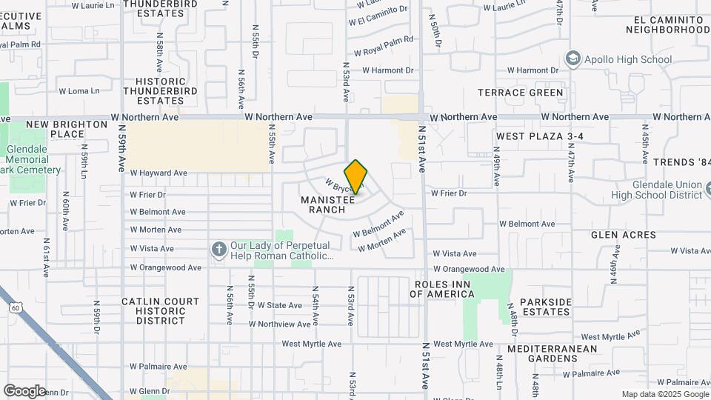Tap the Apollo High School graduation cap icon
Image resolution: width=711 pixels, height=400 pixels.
point(572,59)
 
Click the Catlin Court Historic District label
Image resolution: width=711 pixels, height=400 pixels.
point(161,311)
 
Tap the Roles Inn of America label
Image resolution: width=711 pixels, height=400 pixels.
point(444,289)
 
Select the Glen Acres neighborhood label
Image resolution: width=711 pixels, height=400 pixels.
point(624,235)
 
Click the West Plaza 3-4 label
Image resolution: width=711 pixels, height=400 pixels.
point(540,136)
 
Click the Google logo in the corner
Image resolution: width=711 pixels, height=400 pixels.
point(24,390)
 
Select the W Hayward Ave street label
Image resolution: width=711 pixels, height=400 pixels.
point(158,173)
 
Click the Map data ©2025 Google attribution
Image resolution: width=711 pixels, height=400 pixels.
point(664,394)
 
